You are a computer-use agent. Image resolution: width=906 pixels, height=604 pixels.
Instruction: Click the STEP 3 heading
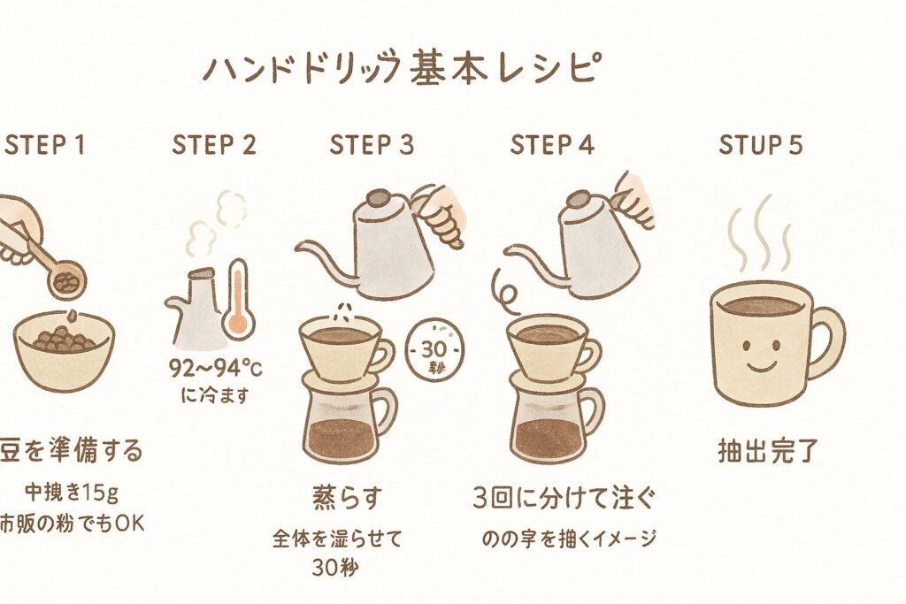[372, 145]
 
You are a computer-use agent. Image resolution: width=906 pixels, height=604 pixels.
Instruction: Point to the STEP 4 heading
[551, 145]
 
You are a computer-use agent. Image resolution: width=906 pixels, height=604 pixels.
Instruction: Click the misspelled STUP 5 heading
[760, 145]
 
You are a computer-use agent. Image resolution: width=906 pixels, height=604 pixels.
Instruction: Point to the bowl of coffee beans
[64, 349]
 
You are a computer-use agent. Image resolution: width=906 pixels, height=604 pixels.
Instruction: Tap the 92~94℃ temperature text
[209, 369]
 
